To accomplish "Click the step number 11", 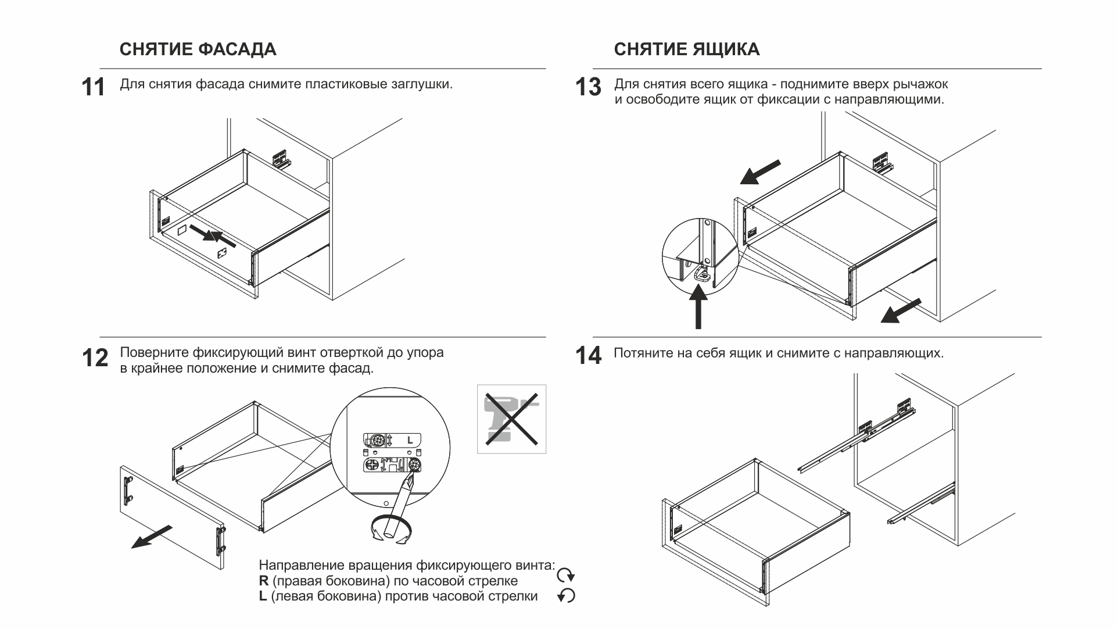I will click(x=93, y=88).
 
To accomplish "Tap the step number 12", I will click(x=95, y=358).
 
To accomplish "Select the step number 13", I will click(x=587, y=88).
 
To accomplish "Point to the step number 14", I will click(x=588, y=356).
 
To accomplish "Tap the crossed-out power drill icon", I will click(x=511, y=419).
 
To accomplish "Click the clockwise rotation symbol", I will click(x=566, y=576).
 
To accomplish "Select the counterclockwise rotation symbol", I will click(x=566, y=596).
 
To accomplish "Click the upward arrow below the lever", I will click(x=698, y=308).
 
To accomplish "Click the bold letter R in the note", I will click(x=263, y=581).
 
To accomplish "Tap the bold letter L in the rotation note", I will click(x=263, y=596).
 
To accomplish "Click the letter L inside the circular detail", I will click(x=410, y=439).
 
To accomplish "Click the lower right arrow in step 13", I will click(x=901, y=310).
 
